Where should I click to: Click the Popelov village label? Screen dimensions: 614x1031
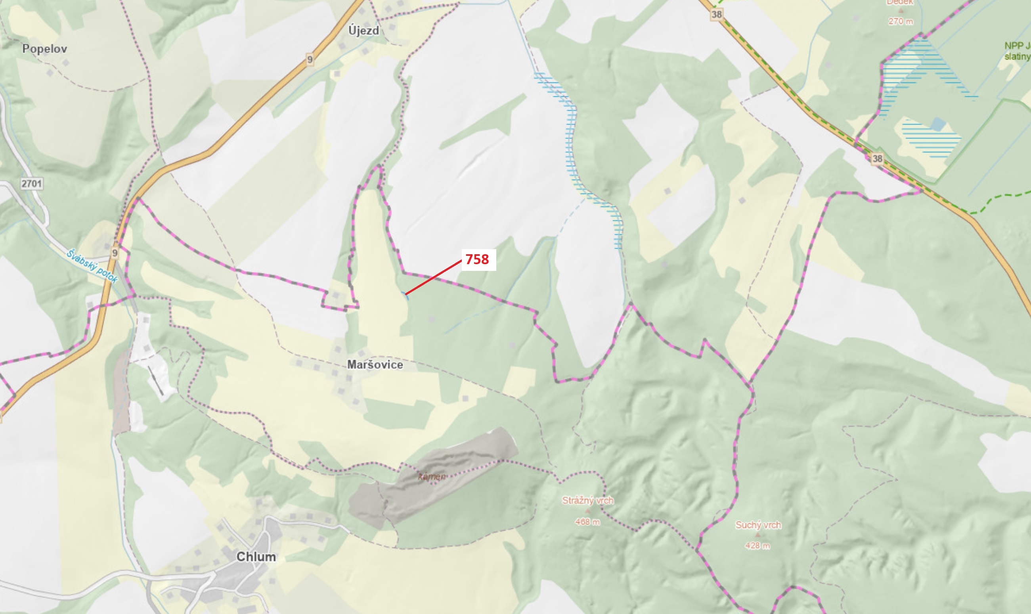tap(45, 49)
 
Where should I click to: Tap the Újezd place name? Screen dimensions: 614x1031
tap(363, 31)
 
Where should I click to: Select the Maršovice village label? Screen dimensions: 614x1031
tap(375, 365)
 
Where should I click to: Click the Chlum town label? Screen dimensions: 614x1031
tap(256, 556)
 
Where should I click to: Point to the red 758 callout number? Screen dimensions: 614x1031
tap(478, 259)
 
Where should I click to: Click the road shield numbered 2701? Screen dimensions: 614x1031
tap(31, 183)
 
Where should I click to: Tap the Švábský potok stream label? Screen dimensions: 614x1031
tap(92, 266)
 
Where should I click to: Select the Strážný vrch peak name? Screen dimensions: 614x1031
tap(587, 501)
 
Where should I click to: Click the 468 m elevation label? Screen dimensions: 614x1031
tap(587, 522)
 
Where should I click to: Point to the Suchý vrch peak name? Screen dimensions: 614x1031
tap(758, 525)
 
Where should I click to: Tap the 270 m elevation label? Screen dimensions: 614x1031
tap(900, 21)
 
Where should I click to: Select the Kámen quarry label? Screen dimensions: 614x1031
tap(432, 477)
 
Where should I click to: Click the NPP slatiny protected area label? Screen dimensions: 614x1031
tap(1018, 51)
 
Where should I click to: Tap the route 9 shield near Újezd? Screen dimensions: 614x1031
tap(310, 59)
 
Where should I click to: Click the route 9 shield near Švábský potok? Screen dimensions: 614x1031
tap(115, 253)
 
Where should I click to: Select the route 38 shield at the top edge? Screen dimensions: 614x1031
tap(716, 15)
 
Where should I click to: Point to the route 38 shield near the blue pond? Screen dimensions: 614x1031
tap(877, 159)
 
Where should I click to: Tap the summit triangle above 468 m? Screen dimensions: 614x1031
tap(587, 511)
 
